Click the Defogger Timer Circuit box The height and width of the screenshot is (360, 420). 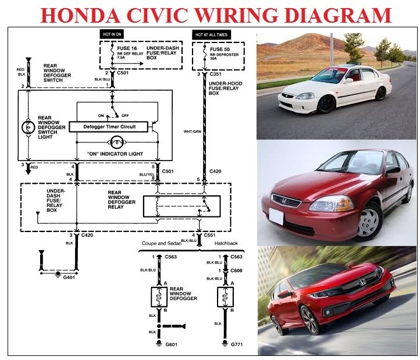108,126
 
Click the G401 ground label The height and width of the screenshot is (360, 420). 70,278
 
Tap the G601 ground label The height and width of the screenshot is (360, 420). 170,345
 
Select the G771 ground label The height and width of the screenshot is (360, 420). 236,345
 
